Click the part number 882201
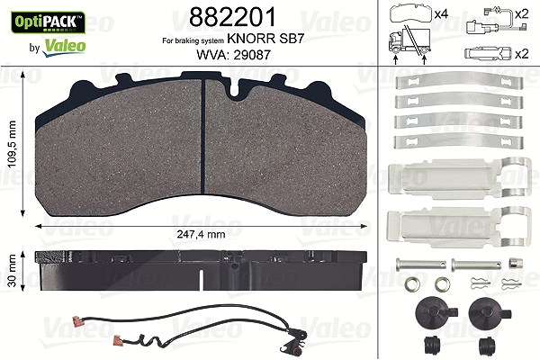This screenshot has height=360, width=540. pyautogui.click(x=232, y=17)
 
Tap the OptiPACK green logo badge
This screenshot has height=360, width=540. pyautogui.click(x=49, y=22)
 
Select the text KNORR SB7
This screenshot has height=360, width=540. pyautogui.click(x=265, y=39)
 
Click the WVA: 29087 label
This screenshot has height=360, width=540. pyautogui.click(x=233, y=54)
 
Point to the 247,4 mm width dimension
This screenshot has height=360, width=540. pyautogui.click(x=201, y=234)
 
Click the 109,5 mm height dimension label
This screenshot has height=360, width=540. pyautogui.click(x=13, y=144)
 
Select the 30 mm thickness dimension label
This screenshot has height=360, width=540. pyautogui.click(x=13, y=271)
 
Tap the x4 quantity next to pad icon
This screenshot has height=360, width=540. pyautogui.click(x=441, y=14)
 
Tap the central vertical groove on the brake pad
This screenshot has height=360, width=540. pyautogui.click(x=203, y=137)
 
